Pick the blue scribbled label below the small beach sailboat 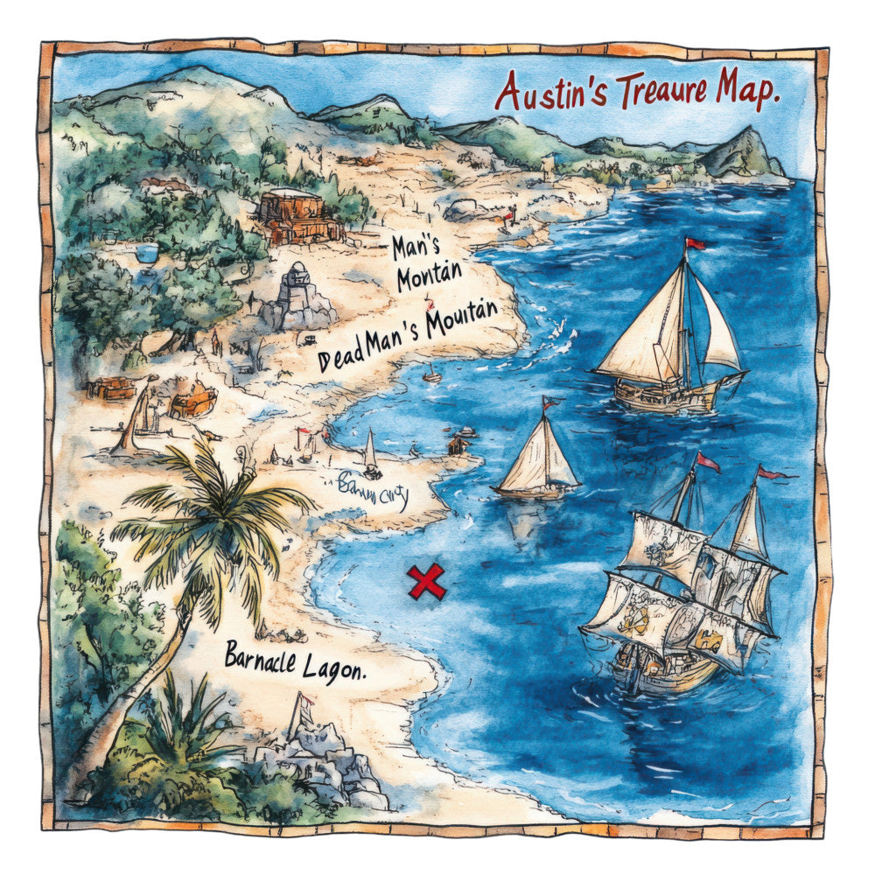(373, 485)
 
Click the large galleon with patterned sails (682, 595)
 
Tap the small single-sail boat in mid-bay (538, 459)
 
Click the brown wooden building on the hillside (297, 215)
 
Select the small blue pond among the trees (147, 253)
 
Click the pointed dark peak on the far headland (746, 149)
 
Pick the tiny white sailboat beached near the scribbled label (370, 455)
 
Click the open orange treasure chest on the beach (192, 402)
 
